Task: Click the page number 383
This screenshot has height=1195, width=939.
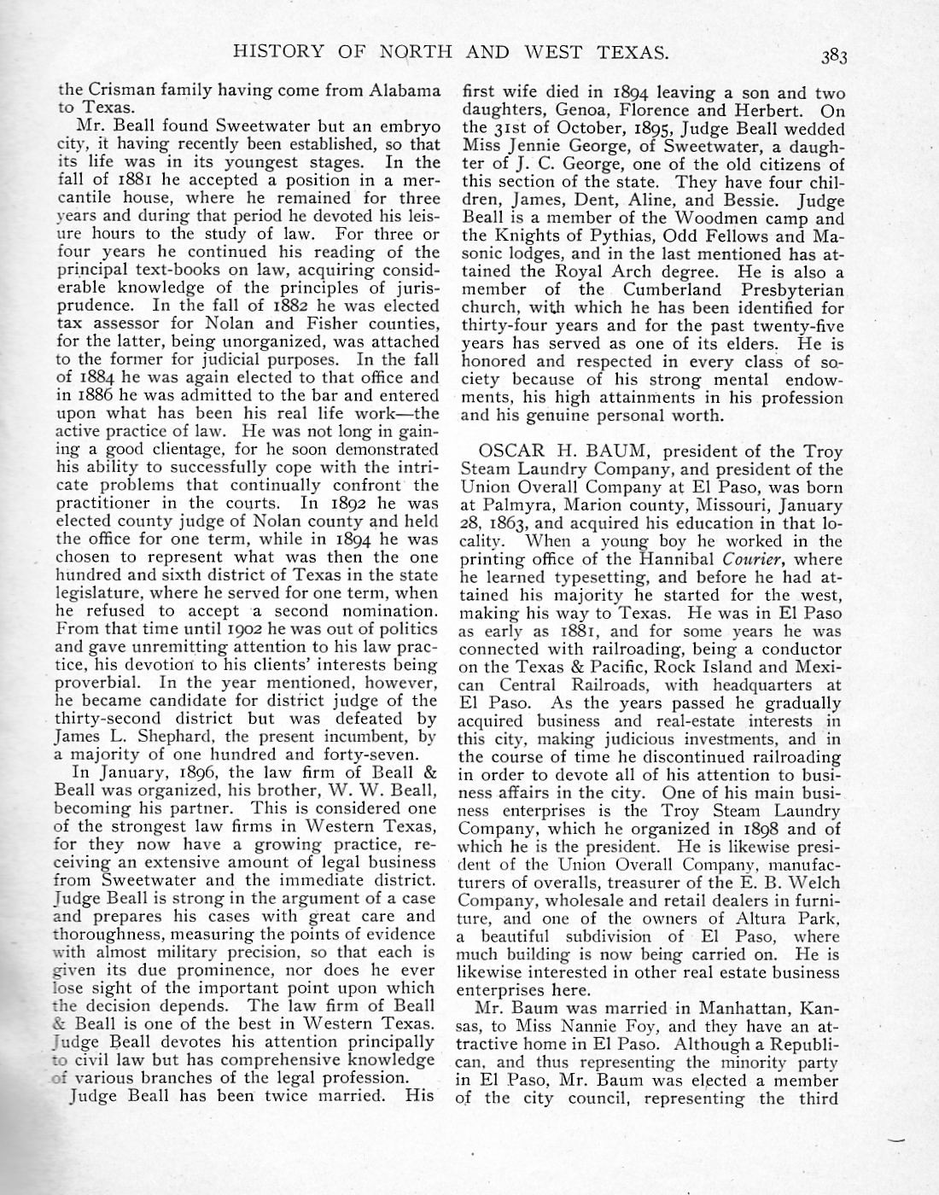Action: [x=834, y=56]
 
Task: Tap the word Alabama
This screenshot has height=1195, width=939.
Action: [x=405, y=90]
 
